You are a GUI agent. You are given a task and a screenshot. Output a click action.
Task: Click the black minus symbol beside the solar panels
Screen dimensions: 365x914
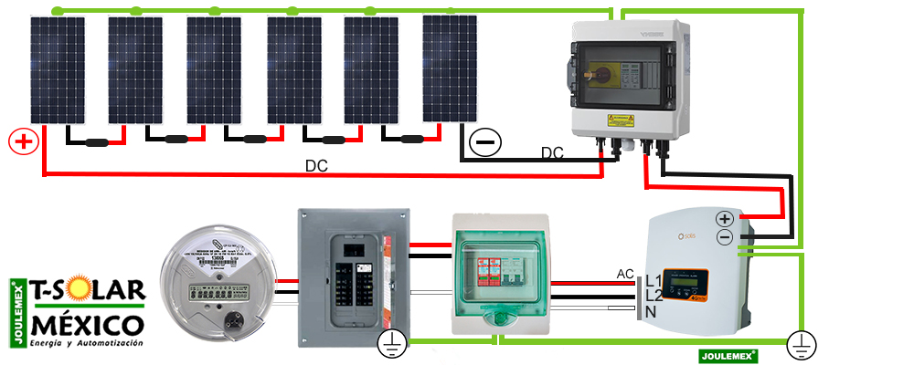point(485,142)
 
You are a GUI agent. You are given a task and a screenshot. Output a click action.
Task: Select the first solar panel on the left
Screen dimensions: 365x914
point(57,69)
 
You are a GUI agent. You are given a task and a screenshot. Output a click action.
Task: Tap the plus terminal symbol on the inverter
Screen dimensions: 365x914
point(725,219)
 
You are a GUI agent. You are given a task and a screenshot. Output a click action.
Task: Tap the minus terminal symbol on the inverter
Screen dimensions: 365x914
point(725,237)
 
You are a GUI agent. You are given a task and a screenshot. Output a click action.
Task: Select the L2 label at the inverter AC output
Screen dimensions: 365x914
point(654,296)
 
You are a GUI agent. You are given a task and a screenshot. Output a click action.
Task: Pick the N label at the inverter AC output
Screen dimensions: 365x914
point(652,312)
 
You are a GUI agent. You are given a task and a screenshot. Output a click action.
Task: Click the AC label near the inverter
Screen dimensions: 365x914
point(626,274)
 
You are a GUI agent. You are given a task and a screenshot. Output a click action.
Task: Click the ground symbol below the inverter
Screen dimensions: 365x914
point(801,345)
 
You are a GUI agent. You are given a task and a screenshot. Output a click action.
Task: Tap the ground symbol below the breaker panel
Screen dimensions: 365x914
point(390,343)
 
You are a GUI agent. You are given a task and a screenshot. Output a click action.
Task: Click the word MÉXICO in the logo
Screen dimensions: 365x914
point(87,325)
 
